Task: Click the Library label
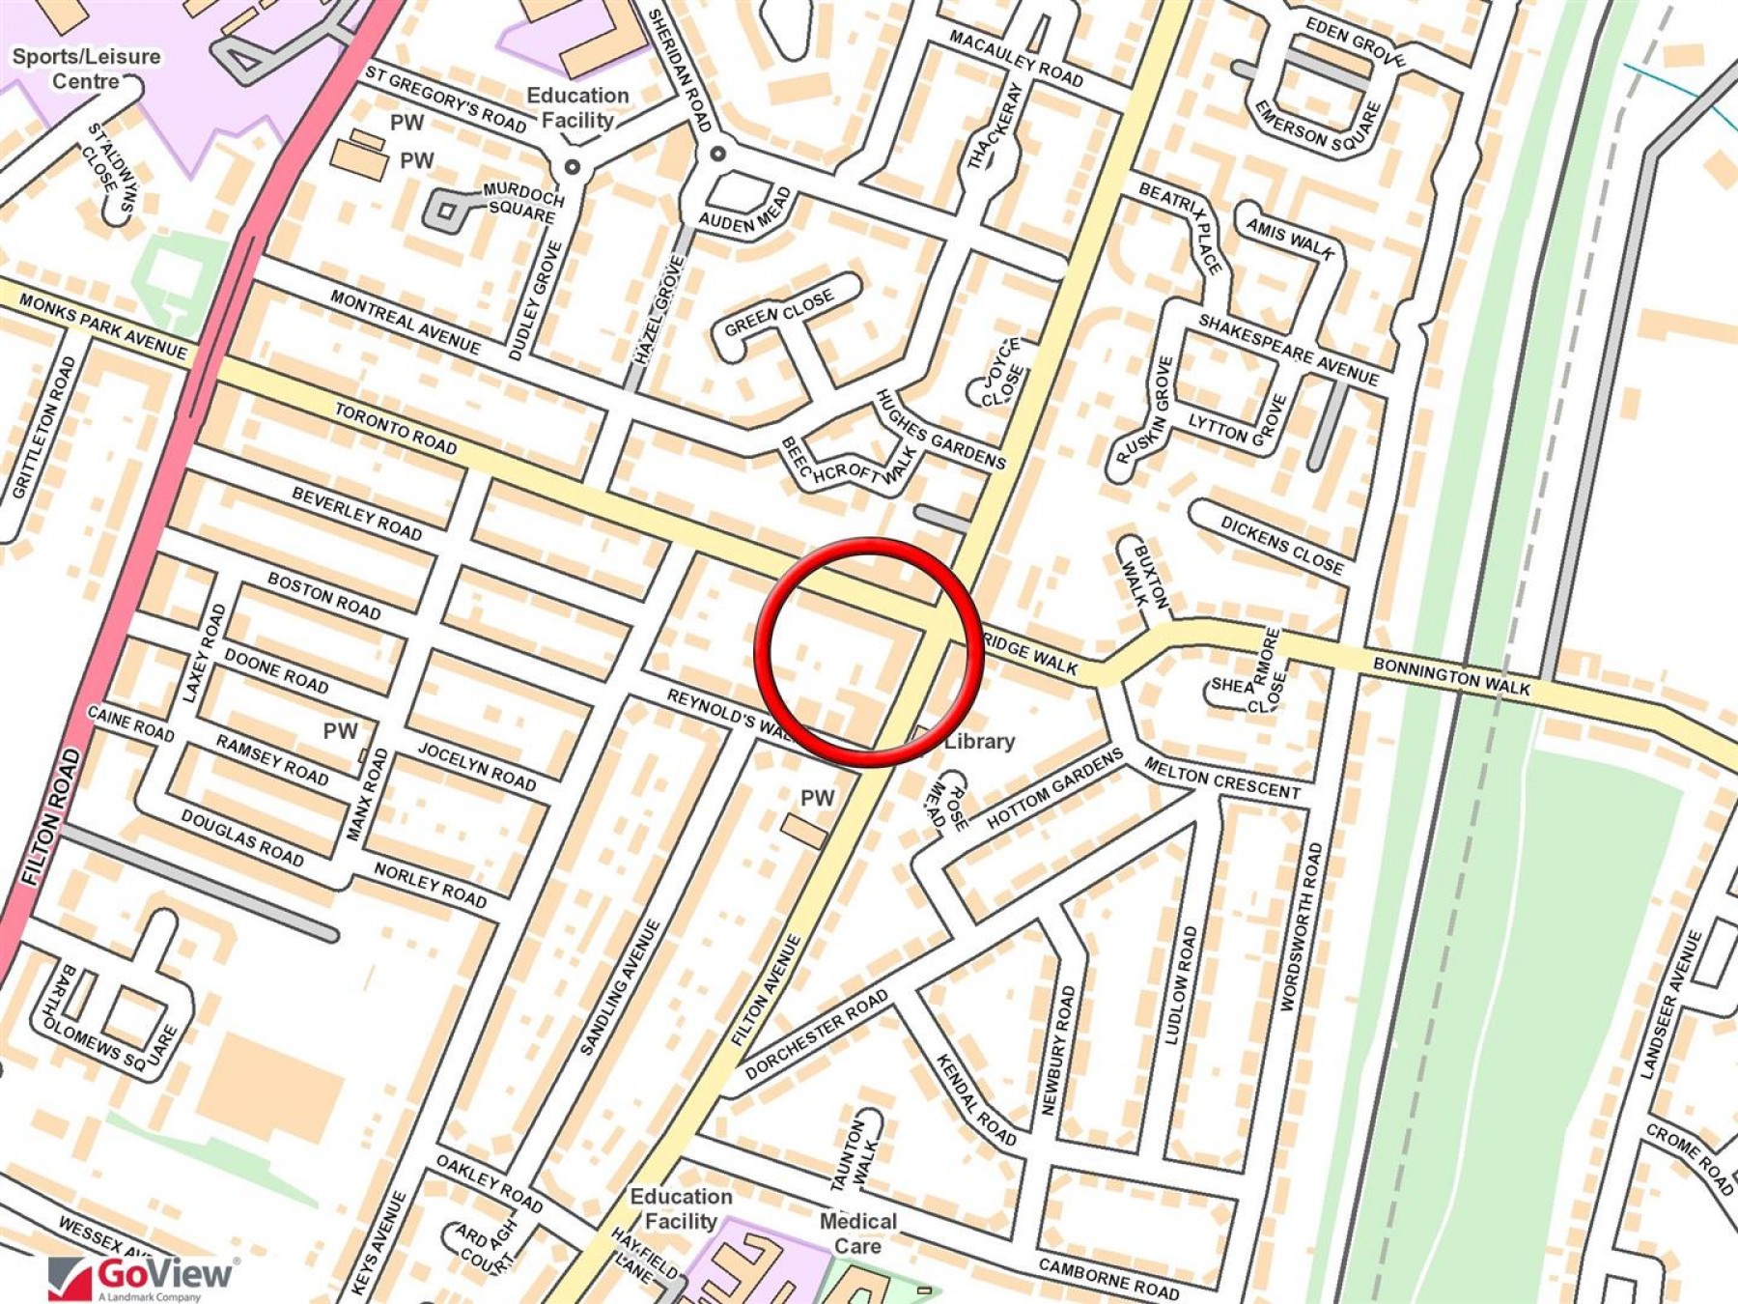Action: (x=979, y=742)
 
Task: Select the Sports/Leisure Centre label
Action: (x=86, y=69)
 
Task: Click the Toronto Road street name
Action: (x=396, y=428)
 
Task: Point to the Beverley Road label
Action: (x=357, y=514)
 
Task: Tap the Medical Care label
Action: (x=857, y=1233)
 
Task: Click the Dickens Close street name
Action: (x=1281, y=546)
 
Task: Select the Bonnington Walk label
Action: (x=1451, y=676)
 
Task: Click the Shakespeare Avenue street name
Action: (x=1288, y=349)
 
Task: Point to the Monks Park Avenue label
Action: (x=102, y=326)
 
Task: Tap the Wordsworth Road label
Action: (x=1300, y=927)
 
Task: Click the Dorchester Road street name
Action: (x=817, y=1035)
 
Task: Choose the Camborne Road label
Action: (x=1108, y=1278)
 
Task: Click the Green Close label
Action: (x=778, y=313)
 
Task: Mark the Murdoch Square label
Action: (x=522, y=200)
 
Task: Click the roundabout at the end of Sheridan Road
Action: (x=717, y=154)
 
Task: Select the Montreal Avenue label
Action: (x=405, y=321)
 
